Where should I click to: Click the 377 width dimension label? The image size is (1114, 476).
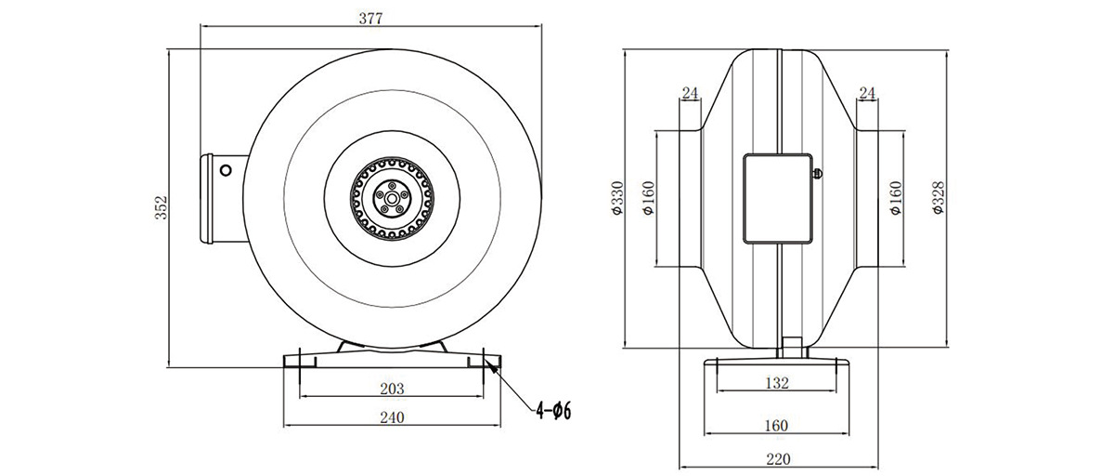coord(371,19)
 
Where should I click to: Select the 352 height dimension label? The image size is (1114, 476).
coord(162,207)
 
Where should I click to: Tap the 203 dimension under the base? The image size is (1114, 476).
coord(392,389)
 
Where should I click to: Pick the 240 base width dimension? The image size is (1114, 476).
coord(392,417)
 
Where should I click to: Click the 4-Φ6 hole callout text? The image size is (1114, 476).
coord(553,411)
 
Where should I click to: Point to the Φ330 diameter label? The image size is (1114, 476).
coord(617,198)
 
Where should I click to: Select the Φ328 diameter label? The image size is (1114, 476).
coord(938,198)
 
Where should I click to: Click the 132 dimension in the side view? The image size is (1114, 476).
coord(777,383)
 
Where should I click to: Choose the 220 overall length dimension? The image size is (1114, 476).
coord(778,459)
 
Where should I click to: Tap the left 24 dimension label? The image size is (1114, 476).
coord(690,93)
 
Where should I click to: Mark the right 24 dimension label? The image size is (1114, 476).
coord(867,93)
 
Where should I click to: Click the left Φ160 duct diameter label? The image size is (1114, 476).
coord(649,198)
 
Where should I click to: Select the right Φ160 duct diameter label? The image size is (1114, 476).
coord(895,198)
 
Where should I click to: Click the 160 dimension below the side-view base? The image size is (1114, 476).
coord(776,426)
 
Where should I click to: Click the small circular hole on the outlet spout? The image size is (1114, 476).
coord(226,171)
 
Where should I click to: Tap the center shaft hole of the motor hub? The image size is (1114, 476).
coord(392,199)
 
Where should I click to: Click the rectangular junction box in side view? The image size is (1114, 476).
coord(778,199)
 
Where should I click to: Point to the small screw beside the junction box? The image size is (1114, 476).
coord(817,174)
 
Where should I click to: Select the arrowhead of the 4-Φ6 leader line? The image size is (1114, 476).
coord(492,366)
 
